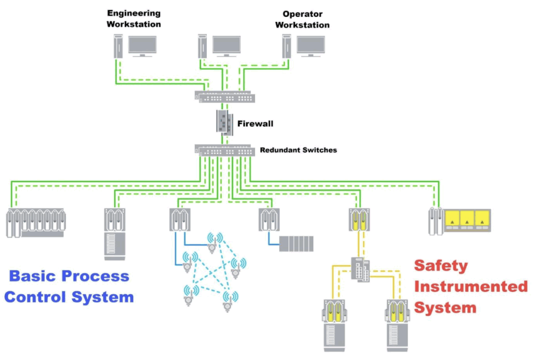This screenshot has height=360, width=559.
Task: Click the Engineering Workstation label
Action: (134, 18)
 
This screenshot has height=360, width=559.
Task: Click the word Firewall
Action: (255, 124)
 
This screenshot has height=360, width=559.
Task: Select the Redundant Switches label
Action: (298, 149)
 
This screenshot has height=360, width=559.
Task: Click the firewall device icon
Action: (224, 122)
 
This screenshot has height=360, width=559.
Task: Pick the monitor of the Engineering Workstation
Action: (142, 45)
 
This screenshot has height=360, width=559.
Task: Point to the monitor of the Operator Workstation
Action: (311, 45)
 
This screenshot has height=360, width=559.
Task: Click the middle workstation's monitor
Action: (227, 45)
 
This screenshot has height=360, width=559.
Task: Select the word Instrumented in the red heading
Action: (471, 286)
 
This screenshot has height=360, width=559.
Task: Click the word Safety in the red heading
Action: (441, 266)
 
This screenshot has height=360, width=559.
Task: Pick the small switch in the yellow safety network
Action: (360, 268)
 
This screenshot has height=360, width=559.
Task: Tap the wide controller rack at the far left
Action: (35, 222)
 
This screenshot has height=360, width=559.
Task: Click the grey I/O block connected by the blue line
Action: (296, 243)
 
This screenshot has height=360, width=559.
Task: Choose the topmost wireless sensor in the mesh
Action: (212, 239)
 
